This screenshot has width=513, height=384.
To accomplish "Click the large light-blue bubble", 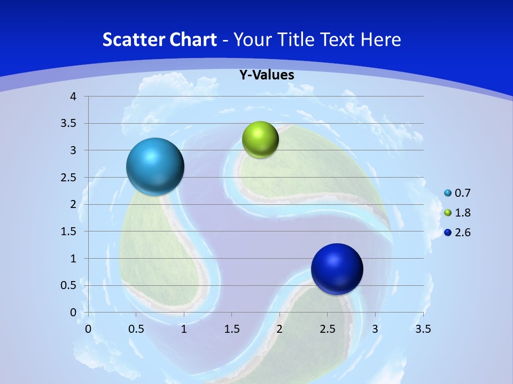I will point(155,166).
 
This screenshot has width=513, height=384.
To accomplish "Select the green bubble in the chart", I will point(260,140).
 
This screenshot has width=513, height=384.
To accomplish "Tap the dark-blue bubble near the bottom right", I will point(337,269).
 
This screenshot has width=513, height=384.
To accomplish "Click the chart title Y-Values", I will point(267,75).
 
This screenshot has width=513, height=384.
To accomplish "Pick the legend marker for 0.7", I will point(448,193).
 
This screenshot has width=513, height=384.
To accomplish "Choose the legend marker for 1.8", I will point(448,213).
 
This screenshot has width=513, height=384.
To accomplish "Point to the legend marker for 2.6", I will point(448,233).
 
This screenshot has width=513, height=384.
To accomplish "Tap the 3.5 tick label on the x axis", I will point(423,329).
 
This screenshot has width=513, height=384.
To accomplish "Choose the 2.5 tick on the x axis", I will point(327,329).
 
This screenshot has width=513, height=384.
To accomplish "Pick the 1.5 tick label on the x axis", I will point(231,329).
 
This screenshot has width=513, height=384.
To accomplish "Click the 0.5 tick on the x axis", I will point(136,329).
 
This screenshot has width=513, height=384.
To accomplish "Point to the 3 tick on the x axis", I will point(375,329).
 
